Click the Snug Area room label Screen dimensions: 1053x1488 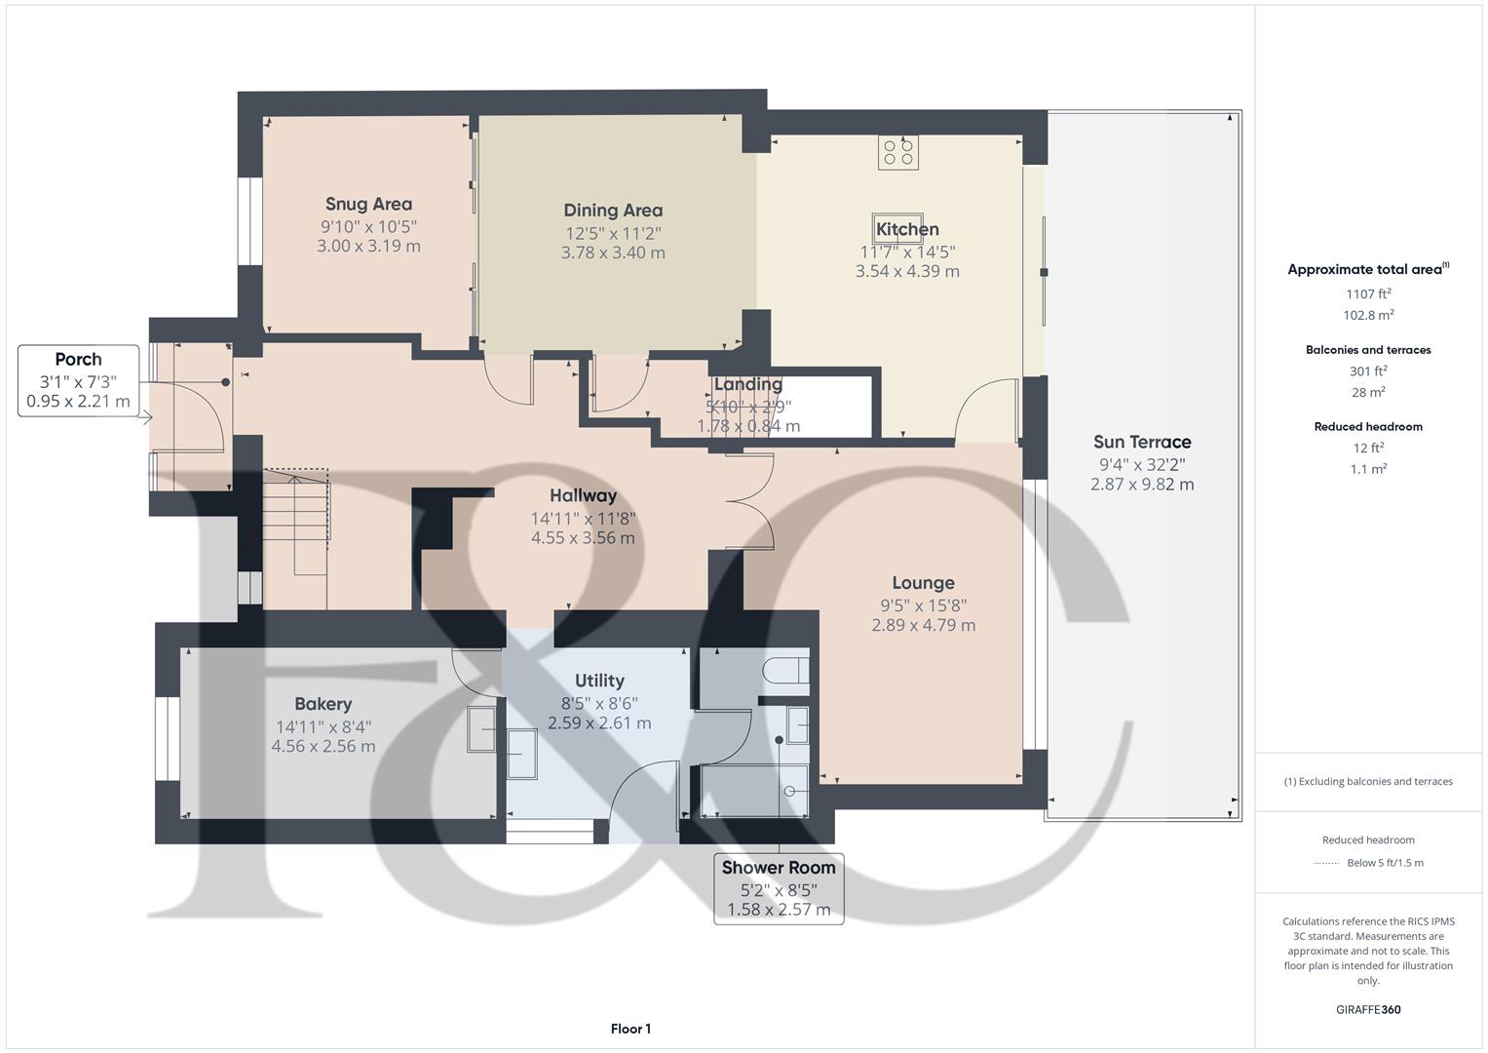tap(368, 204)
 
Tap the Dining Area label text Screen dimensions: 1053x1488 tap(613, 210)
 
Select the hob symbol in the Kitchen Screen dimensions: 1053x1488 tap(897, 152)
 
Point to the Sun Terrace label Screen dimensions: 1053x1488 tap(1141, 442)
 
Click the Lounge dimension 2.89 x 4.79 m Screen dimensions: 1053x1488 tap(923, 625)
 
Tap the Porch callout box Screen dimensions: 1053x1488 tap(78, 380)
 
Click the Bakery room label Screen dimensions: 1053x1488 tap(323, 704)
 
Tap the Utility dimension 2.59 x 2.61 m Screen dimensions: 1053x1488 tap(599, 723)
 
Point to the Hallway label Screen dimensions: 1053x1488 tap(583, 495)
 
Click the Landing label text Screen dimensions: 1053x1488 tap(747, 384)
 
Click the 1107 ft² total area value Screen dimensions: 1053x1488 tap(1368, 293)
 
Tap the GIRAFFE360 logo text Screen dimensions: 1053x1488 tap(1368, 1009)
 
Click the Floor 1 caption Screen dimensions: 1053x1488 tap(630, 1029)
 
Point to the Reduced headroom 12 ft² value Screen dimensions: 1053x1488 tap(1368, 448)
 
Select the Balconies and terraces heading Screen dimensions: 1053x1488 tap(1368, 350)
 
